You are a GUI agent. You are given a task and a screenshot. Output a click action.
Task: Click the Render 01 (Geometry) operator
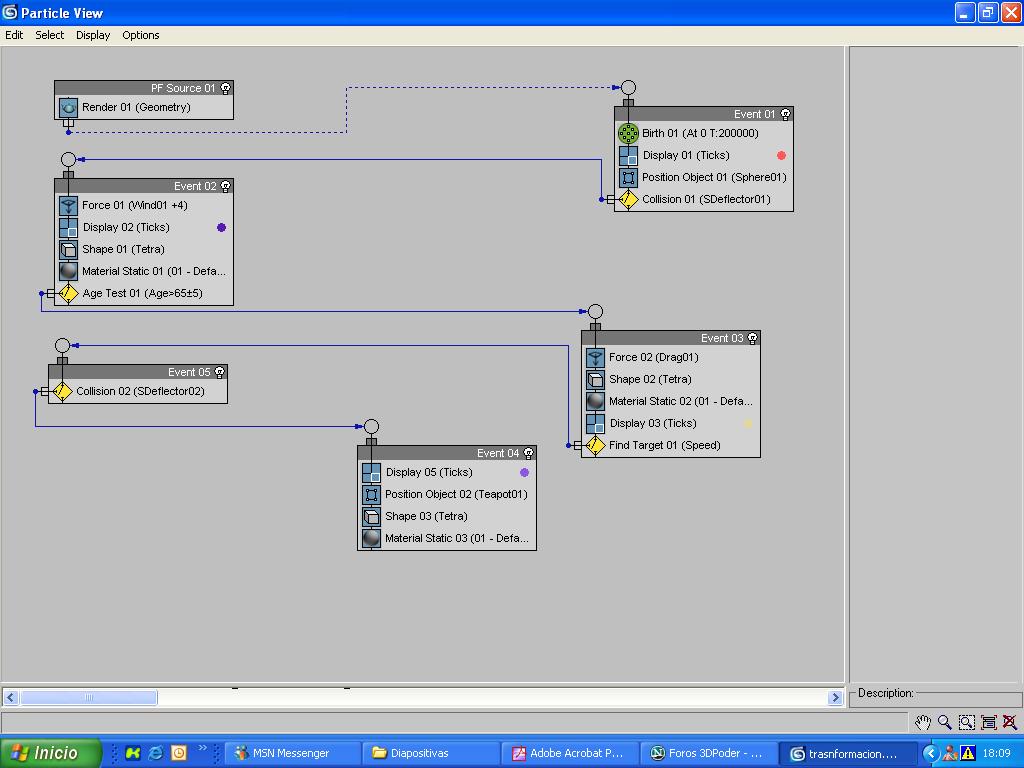point(135,107)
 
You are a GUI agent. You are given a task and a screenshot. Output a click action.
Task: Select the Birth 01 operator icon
point(628,133)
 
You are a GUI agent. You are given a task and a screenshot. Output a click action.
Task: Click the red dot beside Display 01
point(781,155)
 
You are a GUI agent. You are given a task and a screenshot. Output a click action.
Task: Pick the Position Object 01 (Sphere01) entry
point(713,177)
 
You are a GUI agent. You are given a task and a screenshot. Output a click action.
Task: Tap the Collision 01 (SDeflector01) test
point(705,199)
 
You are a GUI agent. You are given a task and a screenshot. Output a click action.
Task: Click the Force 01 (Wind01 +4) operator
point(134,205)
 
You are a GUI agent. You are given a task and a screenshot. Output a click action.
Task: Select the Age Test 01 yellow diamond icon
point(68,293)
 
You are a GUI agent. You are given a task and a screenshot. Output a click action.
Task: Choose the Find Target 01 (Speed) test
point(664,445)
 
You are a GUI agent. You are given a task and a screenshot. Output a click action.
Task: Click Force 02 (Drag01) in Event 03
point(653,357)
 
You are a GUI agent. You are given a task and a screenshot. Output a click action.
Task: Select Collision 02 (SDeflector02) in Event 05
point(140,391)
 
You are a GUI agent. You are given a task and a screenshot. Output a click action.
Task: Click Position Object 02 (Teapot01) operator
point(455,494)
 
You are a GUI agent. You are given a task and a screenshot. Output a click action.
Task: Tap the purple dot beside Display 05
point(524,472)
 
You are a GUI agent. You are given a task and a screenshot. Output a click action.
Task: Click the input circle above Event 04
point(371,427)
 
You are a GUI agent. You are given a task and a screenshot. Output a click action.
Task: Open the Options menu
point(141,35)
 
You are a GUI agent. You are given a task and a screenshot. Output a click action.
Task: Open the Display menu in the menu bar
point(93,35)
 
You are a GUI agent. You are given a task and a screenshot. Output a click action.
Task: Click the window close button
point(1010,13)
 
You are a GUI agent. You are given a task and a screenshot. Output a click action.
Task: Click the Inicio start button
point(50,753)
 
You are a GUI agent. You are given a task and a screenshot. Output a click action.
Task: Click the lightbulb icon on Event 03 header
point(753,338)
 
